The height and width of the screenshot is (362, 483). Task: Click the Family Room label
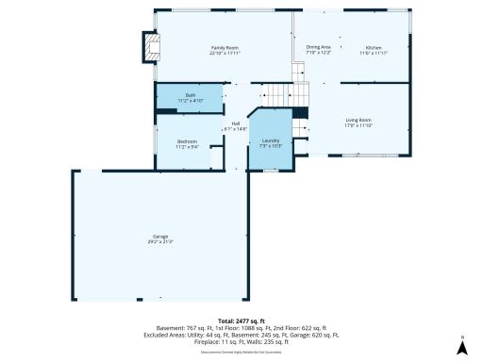click(224, 46)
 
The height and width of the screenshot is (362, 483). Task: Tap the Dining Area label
click(318, 46)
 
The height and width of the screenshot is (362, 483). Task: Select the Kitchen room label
click(373, 46)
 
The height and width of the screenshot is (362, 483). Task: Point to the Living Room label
click(358, 120)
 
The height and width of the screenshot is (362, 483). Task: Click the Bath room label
click(190, 95)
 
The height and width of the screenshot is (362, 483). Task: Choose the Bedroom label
click(186, 141)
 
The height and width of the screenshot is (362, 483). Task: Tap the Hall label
click(234, 123)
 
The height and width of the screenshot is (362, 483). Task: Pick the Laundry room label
click(270, 140)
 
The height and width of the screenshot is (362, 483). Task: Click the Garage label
click(160, 236)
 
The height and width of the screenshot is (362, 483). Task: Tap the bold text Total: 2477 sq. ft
click(241, 321)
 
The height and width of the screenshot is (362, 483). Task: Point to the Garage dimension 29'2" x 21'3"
click(160, 241)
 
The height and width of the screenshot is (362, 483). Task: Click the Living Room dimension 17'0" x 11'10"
click(358, 125)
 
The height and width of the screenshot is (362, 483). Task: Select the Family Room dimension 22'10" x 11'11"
click(224, 52)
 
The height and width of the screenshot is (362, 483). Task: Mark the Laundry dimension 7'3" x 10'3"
click(270, 146)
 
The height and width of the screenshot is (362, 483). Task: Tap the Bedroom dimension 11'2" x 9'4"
click(186, 147)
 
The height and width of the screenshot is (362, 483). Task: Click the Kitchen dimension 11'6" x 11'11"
click(373, 52)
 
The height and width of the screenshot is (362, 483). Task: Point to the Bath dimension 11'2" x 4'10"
click(190, 101)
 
